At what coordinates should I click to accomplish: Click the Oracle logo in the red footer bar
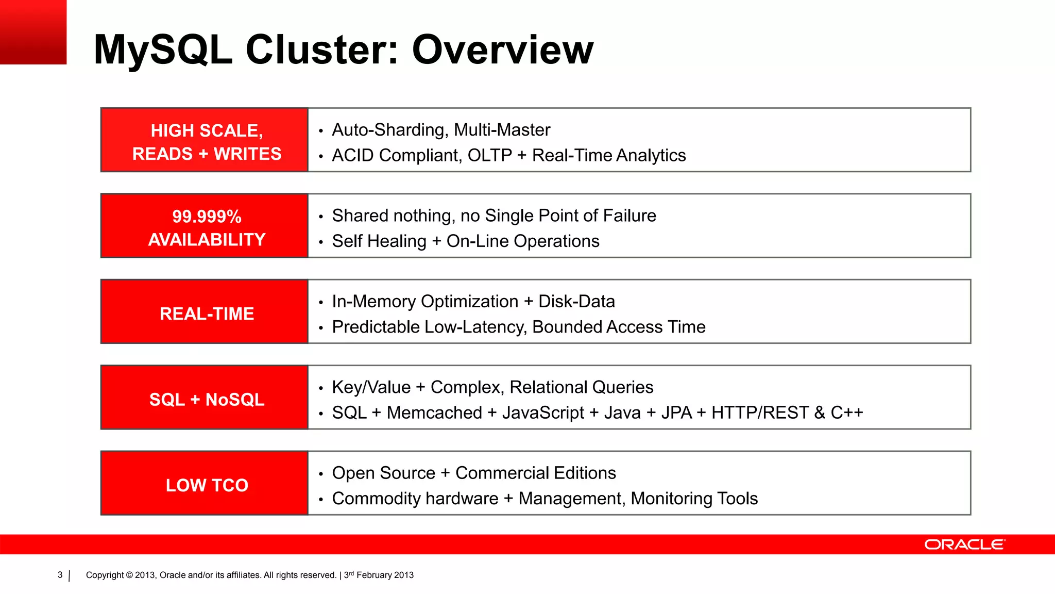964,544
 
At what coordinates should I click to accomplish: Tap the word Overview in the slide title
503,49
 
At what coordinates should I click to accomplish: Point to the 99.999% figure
207,217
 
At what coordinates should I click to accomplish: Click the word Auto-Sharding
388,130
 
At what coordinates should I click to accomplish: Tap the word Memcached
434,412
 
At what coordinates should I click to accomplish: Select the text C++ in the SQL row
846,412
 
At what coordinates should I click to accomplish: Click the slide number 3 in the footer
60,575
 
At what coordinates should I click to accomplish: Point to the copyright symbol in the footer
129,575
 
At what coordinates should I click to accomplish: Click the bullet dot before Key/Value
320,388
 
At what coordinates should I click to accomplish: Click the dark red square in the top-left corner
33,32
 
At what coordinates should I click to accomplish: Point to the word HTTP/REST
760,412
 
